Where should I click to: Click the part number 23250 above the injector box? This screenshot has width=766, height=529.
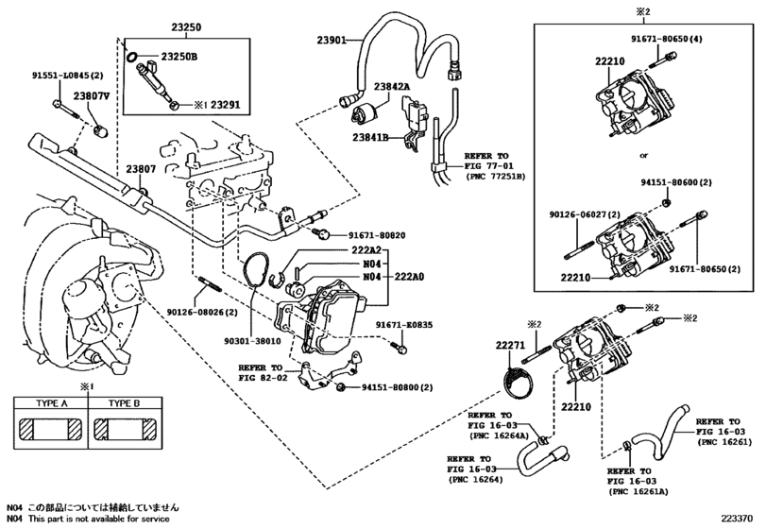coord(186,27)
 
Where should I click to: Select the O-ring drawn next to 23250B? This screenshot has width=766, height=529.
coord(131,57)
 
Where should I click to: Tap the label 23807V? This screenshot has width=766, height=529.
coord(92,96)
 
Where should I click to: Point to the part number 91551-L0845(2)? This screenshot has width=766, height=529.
coord(68,76)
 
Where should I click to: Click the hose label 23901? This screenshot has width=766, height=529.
coord(332,40)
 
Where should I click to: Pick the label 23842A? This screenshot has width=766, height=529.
coord(391,87)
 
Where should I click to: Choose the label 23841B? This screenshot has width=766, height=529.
coord(370,138)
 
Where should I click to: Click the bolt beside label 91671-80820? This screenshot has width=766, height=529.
coord(321,233)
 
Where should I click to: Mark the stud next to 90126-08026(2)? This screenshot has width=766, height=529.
coord(210,284)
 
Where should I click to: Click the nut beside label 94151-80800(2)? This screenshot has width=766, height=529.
coord(341,387)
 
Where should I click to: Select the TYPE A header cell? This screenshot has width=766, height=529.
coord(51,403)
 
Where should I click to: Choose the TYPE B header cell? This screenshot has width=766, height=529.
coord(124,403)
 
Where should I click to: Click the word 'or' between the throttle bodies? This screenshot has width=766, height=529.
coord(644,156)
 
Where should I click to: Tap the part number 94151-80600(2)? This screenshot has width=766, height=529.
coord(676,182)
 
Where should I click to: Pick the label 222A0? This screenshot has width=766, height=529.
coord(407,277)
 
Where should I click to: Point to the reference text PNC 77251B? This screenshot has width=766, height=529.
coord(495,176)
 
